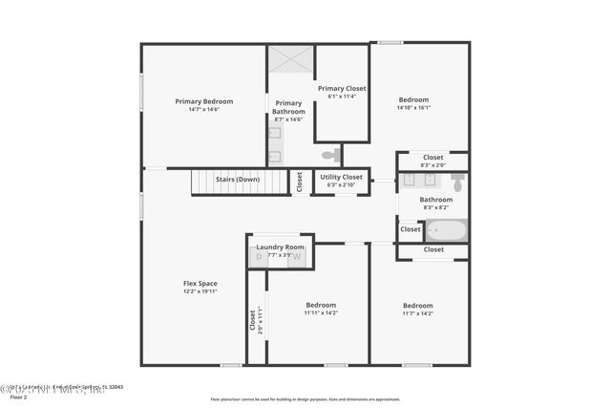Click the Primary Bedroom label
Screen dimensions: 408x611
(203, 100)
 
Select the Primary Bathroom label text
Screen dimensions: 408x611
(288, 107)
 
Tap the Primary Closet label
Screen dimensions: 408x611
(342, 89)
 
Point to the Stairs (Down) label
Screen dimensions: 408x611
(238, 179)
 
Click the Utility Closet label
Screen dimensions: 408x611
(341, 177)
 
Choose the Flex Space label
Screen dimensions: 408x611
(200, 283)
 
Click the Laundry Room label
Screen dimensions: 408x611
(280, 247)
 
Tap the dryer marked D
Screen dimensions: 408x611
(259, 257)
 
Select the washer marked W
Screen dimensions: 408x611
(297, 257)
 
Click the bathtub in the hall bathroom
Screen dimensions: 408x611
(446, 230)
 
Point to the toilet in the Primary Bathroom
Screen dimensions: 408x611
(330, 155)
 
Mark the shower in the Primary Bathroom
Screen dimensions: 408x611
(290, 59)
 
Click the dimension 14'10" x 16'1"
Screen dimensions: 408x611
(413, 108)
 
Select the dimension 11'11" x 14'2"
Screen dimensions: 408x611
(321, 312)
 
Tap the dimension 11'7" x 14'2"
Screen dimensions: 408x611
(417, 312)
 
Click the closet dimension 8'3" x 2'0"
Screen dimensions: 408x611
(432, 164)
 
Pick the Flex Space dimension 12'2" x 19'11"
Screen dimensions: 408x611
(200, 291)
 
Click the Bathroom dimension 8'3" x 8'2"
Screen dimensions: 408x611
(436, 207)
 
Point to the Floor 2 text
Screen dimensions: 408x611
(18, 396)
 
